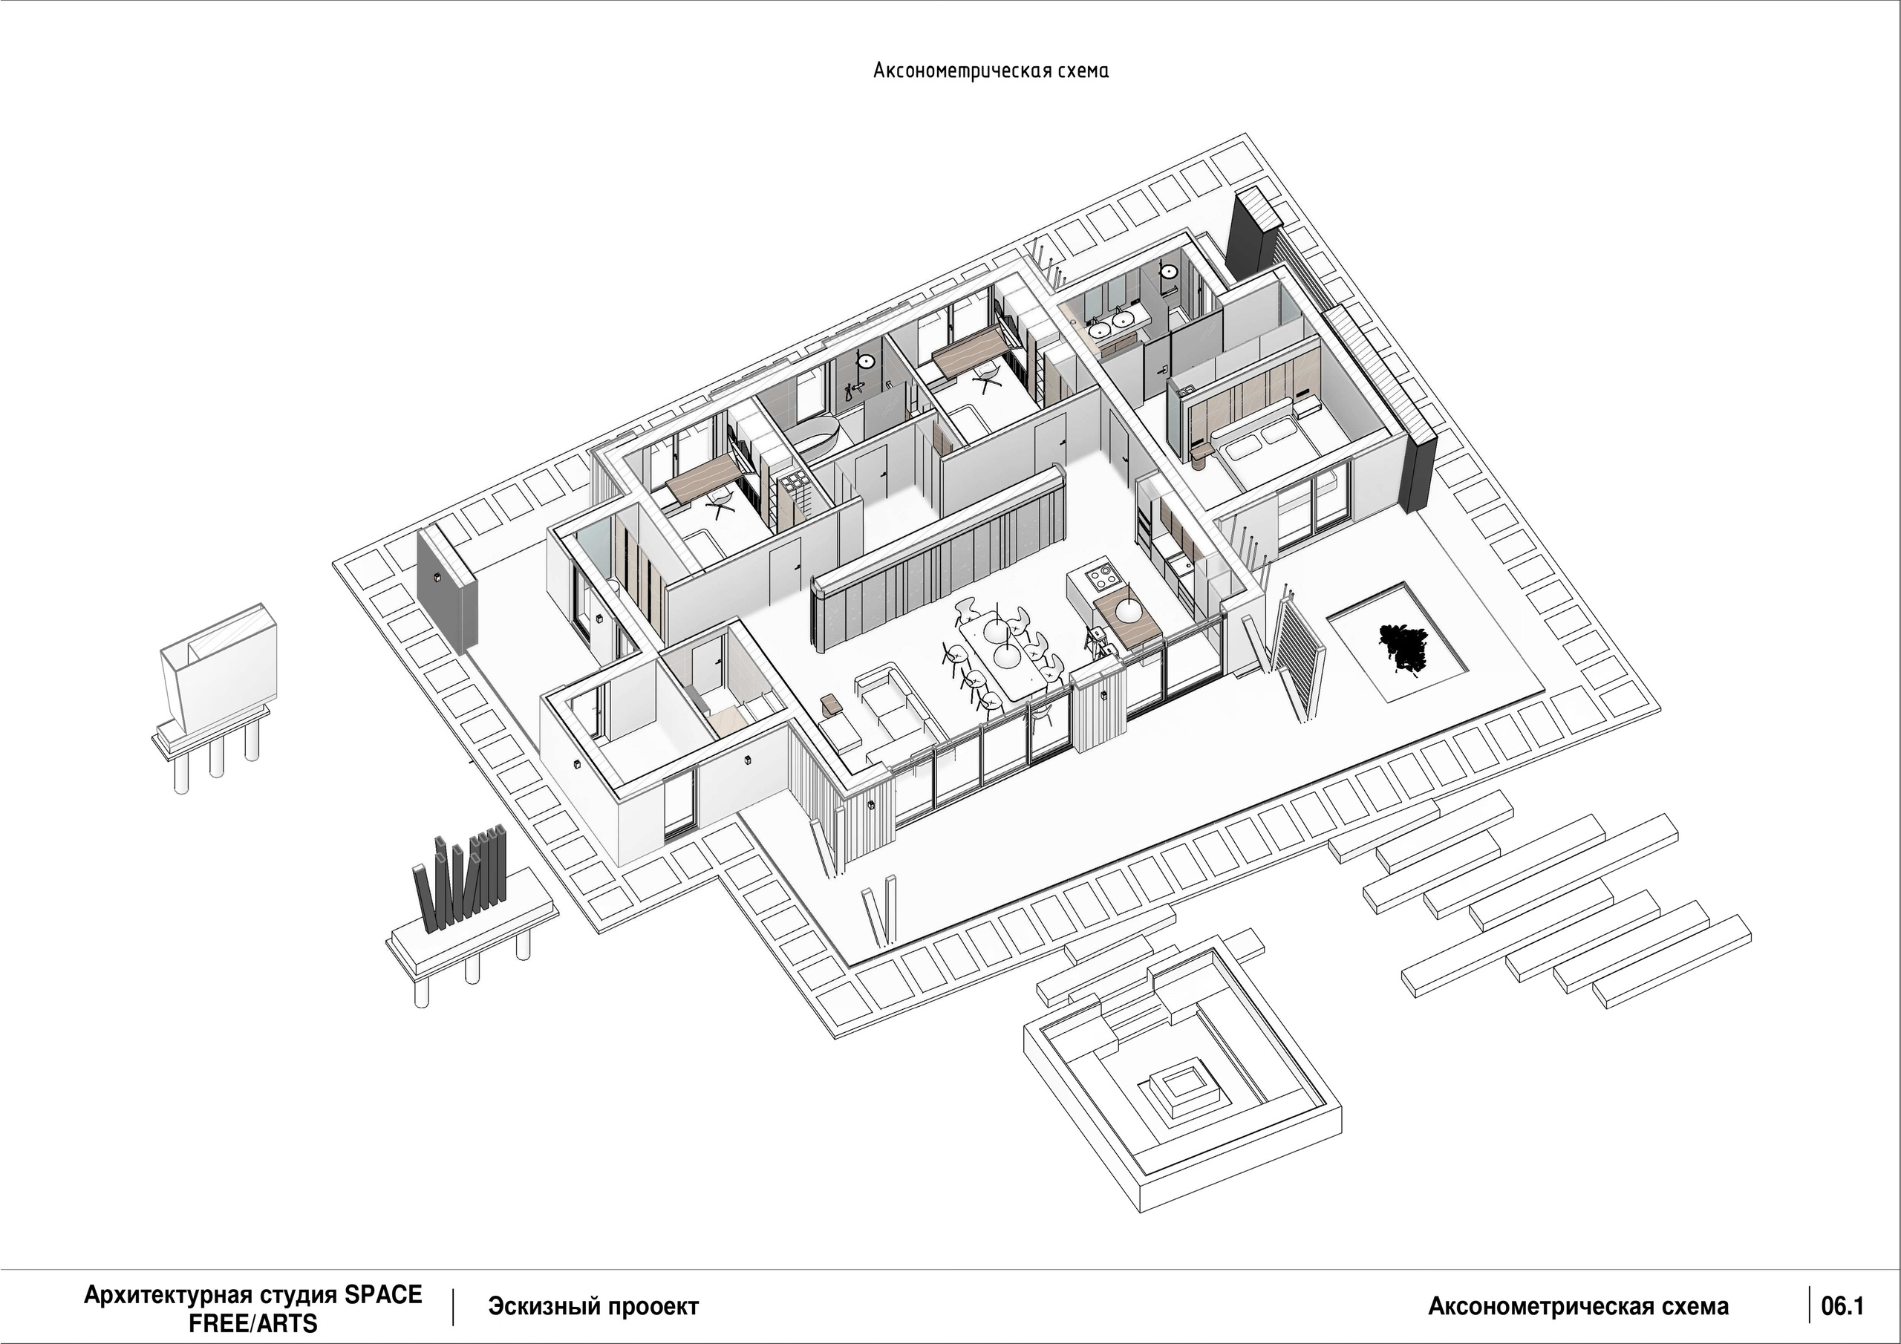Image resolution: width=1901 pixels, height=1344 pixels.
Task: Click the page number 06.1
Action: tap(1842, 1307)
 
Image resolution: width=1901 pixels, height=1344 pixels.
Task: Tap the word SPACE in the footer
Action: tap(383, 1295)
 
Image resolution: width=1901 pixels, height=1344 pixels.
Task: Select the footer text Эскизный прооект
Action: tap(593, 1307)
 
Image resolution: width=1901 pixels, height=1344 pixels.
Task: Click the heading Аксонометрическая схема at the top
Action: tap(991, 71)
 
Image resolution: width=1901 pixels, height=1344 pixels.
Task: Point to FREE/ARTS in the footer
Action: tap(252, 1323)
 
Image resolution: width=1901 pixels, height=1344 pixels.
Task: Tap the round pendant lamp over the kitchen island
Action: tap(1129, 610)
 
